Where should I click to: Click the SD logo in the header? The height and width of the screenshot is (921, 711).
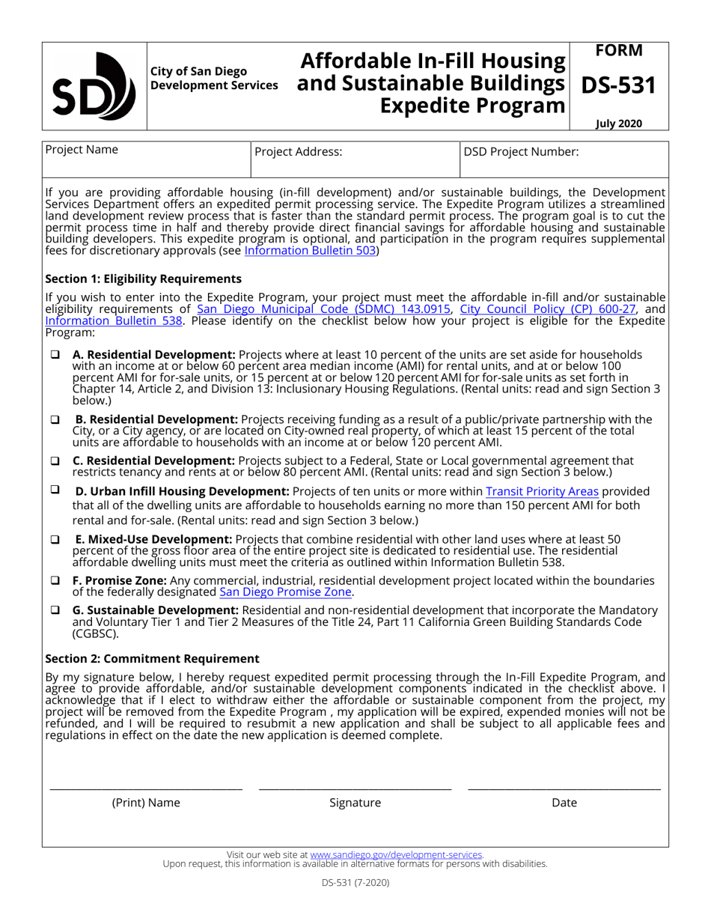tap(94, 86)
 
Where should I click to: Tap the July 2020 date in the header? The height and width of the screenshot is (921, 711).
tap(619, 124)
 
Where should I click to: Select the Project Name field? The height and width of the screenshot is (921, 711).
tap(146, 159)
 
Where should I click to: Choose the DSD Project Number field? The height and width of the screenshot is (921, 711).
tap(564, 159)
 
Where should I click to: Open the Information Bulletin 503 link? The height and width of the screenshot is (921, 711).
tap(311, 251)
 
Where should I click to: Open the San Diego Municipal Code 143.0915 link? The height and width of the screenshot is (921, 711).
tap(323, 308)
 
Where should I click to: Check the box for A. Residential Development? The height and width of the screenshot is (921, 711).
tap(55, 354)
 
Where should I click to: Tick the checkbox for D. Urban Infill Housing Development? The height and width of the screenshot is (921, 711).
tap(55, 490)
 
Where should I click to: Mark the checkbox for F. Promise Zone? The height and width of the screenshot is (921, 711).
tap(55, 580)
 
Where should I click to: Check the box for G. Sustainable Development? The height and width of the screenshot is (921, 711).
tap(55, 610)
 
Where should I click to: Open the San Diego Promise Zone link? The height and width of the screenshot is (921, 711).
tap(285, 592)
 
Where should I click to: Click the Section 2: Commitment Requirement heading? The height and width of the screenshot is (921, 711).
tap(152, 659)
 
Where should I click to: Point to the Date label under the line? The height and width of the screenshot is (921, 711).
tap(564, 803)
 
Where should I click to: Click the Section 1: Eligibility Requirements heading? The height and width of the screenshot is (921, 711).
tap(144, 279)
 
